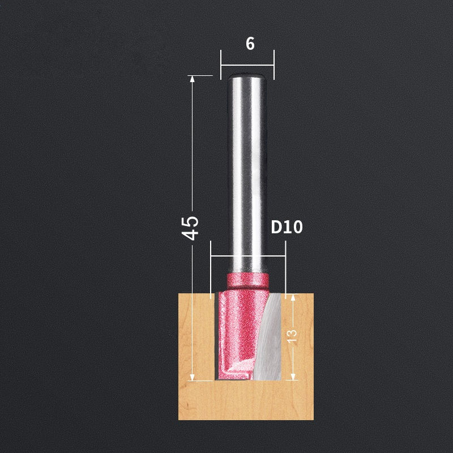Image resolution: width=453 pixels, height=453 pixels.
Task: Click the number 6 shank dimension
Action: pos(250,44)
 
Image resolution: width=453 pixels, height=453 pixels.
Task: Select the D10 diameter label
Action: pos(287,228)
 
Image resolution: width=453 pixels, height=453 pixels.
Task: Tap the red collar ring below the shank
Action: pos(246,280)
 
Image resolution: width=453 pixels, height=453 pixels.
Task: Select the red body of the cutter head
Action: pos(238,328)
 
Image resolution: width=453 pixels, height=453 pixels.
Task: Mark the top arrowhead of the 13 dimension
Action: pos(292,298)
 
